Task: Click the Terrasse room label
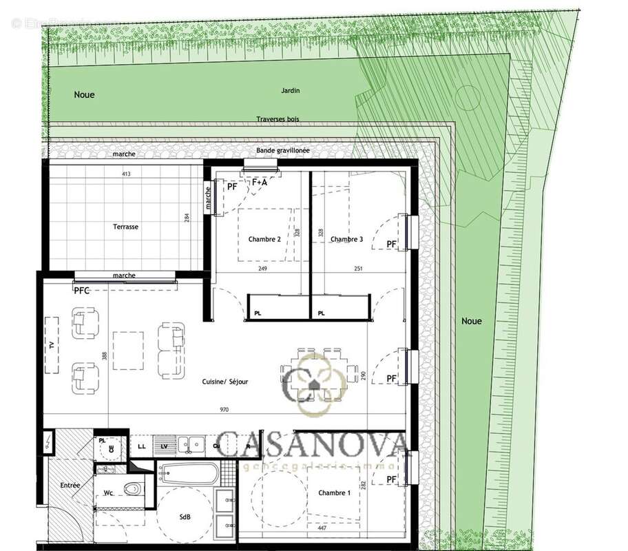click(x=126, y=227)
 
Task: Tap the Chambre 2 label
click(x=264, y=240)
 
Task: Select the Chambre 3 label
click(x=346, y=240)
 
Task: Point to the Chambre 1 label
click(x=334, y=493)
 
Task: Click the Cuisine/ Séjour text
click(x=225, y=382)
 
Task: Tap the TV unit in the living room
click(x=52, y=344)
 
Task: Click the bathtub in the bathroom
click(x=189, y=474)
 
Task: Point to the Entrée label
click(x=70, y=486)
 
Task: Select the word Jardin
click(x=291, y=90)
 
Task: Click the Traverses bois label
click(x=278, y=119)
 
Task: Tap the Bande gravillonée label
click(x=282, y=150)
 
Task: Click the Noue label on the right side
click(x=472, y=321)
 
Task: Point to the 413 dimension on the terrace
click(x=126, y=174)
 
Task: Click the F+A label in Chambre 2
click(x=259, y=183)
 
